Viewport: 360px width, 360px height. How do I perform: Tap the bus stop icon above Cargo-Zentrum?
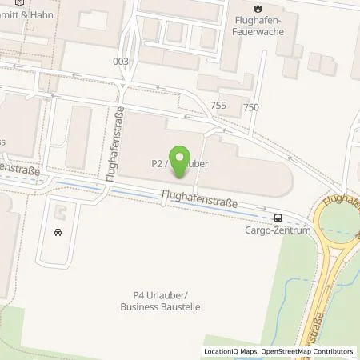point(278,217)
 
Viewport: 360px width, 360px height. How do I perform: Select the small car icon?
point(58,233)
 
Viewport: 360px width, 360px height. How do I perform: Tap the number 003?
point(121,61)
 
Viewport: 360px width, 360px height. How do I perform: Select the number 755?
point(218,106)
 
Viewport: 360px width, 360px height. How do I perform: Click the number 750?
point(251,107)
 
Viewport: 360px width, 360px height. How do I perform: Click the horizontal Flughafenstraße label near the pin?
point(199,198)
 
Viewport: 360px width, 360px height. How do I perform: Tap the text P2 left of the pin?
point(157,162)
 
